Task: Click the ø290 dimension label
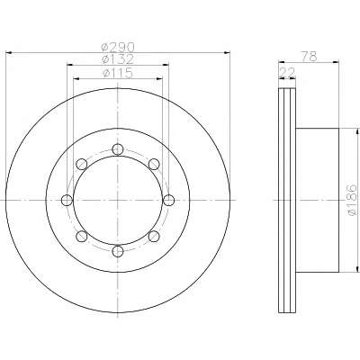118,47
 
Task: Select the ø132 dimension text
118,59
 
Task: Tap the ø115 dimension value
118,73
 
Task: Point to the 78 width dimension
309,57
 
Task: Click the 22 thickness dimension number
287,72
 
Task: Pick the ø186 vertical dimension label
352,200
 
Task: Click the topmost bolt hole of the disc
118,149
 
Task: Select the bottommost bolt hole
118,251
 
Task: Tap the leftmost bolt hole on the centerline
67,200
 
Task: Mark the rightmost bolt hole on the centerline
169,200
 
